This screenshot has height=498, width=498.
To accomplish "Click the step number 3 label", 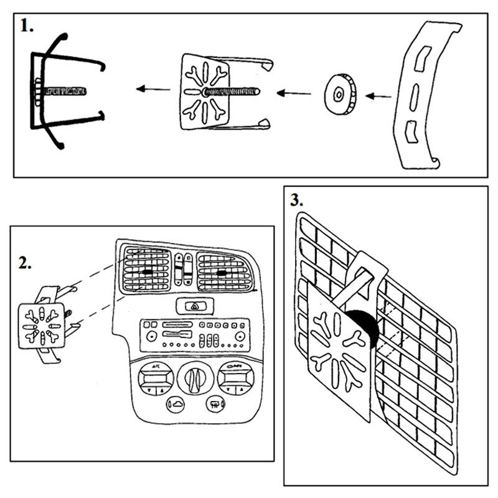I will point(297,200).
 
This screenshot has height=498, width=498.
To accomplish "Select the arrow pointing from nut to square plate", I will point(294,94).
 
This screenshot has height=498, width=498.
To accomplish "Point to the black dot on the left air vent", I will point(147,272).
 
